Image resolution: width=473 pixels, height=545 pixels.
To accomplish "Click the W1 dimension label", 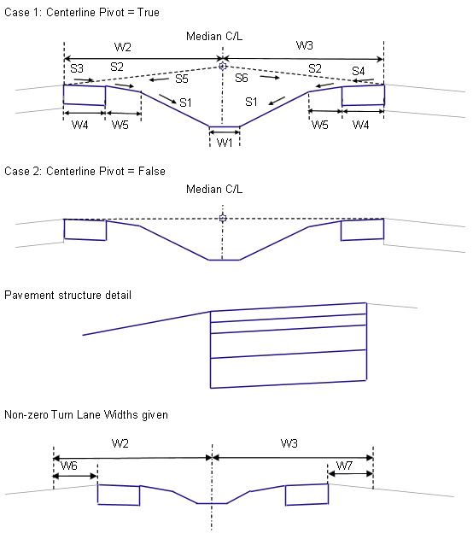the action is coord(225,143).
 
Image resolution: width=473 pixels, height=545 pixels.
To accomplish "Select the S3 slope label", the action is coord(77,68).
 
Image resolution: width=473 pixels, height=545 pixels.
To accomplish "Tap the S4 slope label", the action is coord(358,71).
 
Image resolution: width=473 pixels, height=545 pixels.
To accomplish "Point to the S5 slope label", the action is coord(182,79).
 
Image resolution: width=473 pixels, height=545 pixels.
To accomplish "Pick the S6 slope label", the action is coord(242,78).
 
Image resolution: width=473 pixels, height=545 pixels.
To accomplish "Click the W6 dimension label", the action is coord(69,466).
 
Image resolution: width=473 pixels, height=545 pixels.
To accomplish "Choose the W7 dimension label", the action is coord(344,466).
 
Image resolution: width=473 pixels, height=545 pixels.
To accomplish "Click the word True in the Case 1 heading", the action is coord(149,13).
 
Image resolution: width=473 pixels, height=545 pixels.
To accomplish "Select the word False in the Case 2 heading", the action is coord(152,172).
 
